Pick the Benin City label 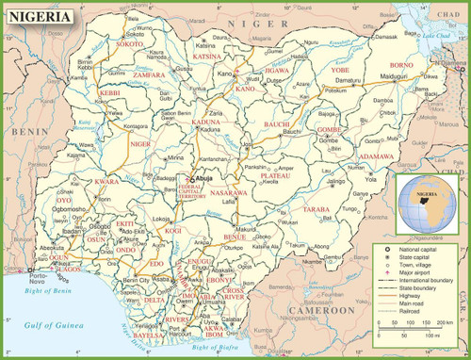coord(138,280)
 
